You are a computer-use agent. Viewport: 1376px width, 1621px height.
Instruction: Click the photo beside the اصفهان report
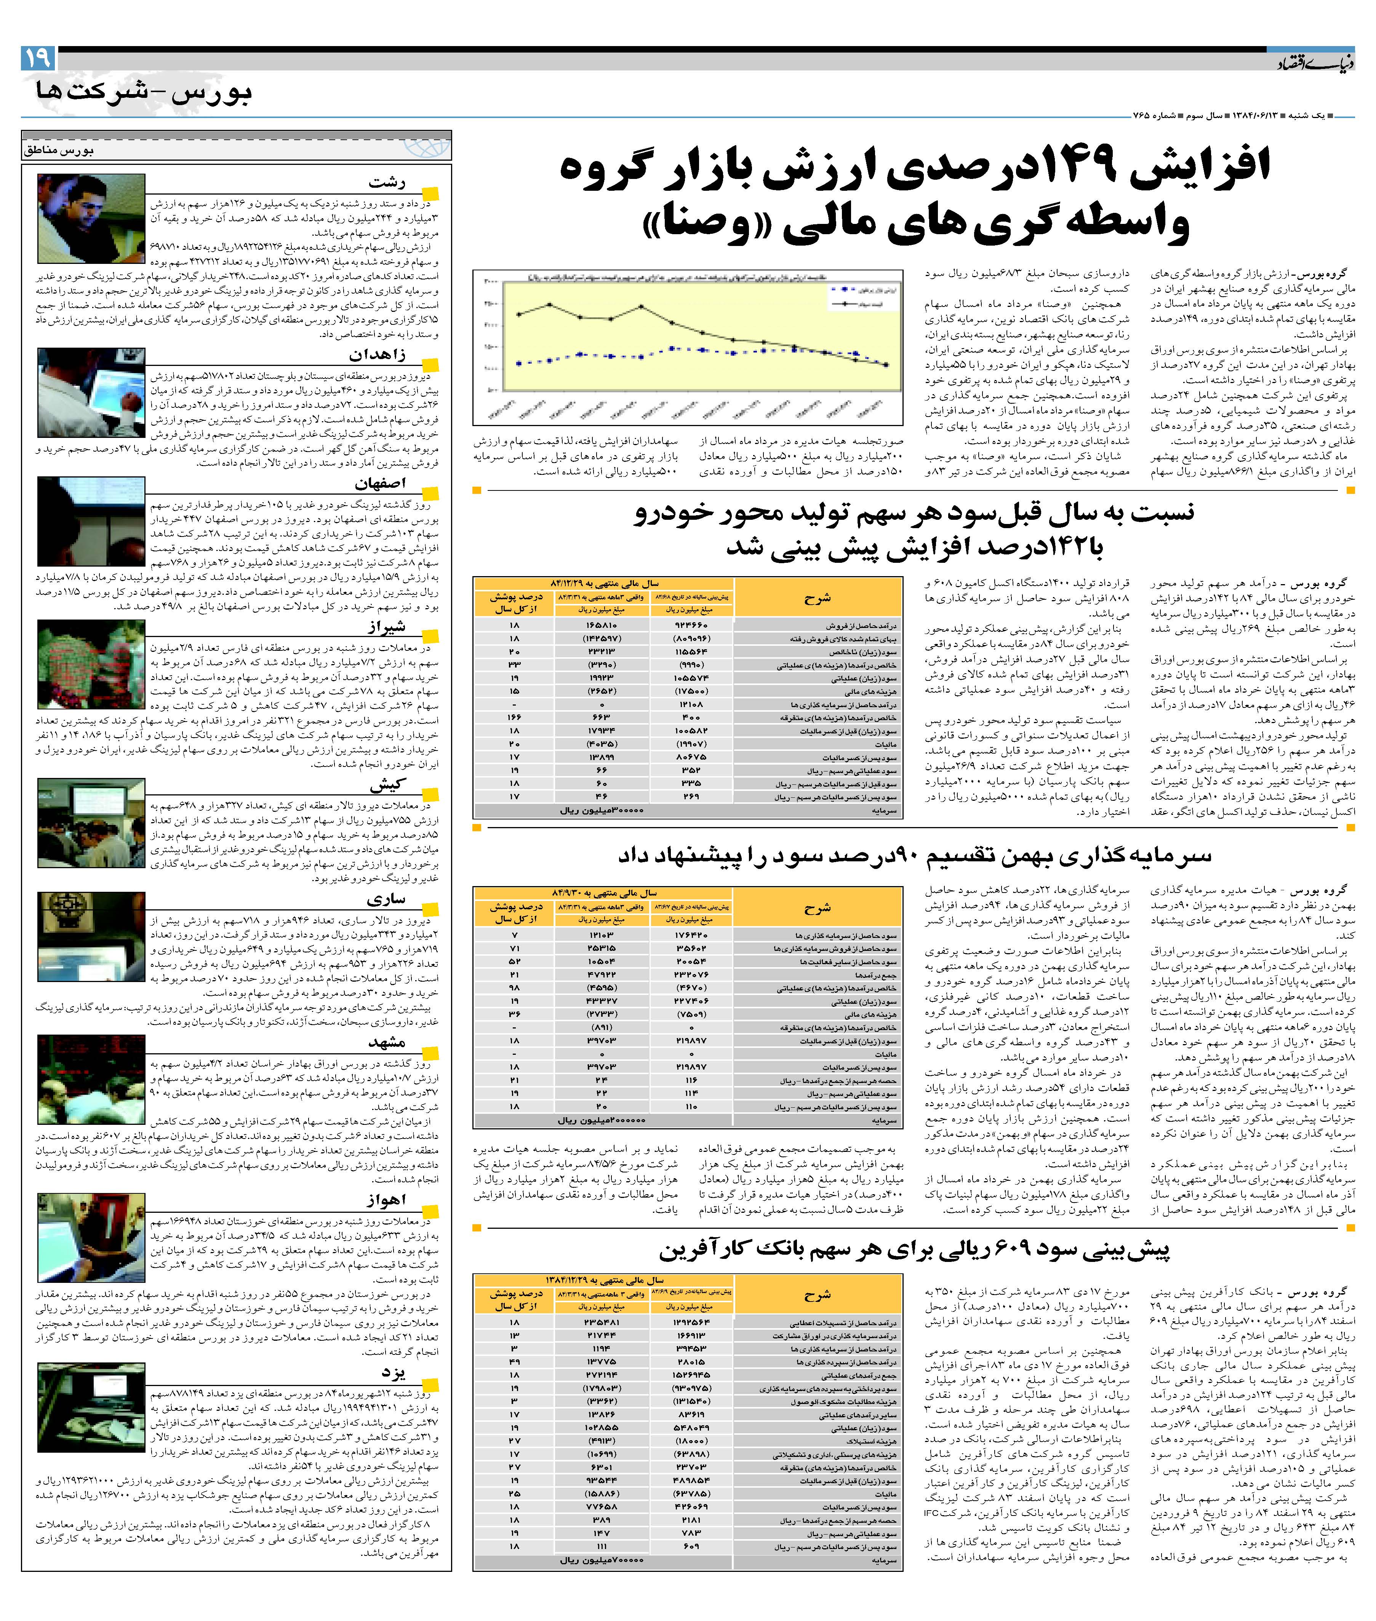pyautogui.click(x=91, y=521)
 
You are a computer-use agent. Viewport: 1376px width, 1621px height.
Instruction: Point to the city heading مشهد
pyautogui.click(x=387, y=1043)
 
